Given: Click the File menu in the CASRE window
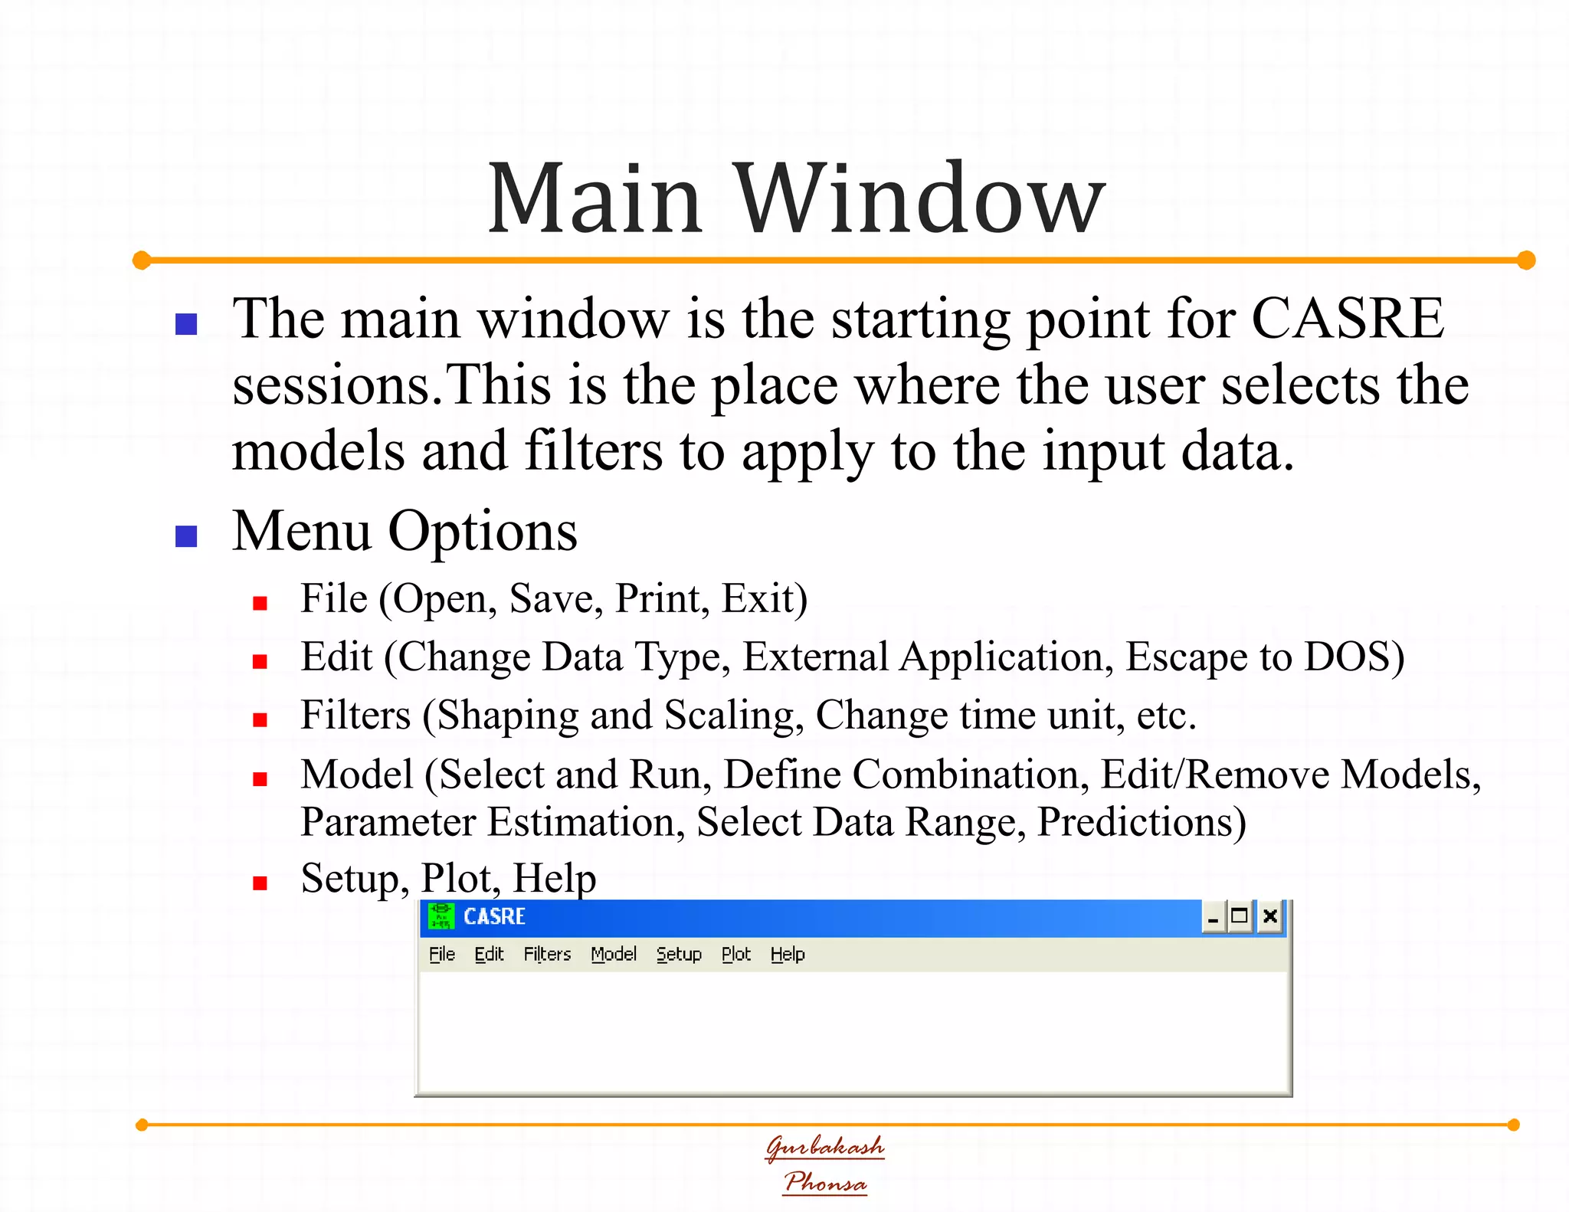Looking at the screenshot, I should [442, 955].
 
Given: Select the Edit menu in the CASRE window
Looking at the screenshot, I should [489, 955].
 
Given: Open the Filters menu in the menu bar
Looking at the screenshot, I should [547, 955].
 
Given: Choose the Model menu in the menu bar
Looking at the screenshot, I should [614, 955].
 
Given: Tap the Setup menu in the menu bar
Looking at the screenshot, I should [679, 955].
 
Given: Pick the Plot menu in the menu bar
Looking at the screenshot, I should [736, 955].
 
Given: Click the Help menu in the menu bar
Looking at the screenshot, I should [788, 955].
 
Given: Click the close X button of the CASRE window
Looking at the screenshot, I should [1269, 917].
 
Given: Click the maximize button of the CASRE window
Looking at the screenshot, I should [1239, 917].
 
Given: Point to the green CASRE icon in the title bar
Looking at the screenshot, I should [441, 916].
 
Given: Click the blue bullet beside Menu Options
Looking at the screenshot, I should [186, 536].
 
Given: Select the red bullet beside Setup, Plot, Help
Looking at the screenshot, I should [260, 883].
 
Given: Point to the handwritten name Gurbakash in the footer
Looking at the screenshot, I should [825, 1147].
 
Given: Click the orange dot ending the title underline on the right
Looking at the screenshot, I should [1526, 260].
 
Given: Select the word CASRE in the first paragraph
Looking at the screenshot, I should [1348, 319].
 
